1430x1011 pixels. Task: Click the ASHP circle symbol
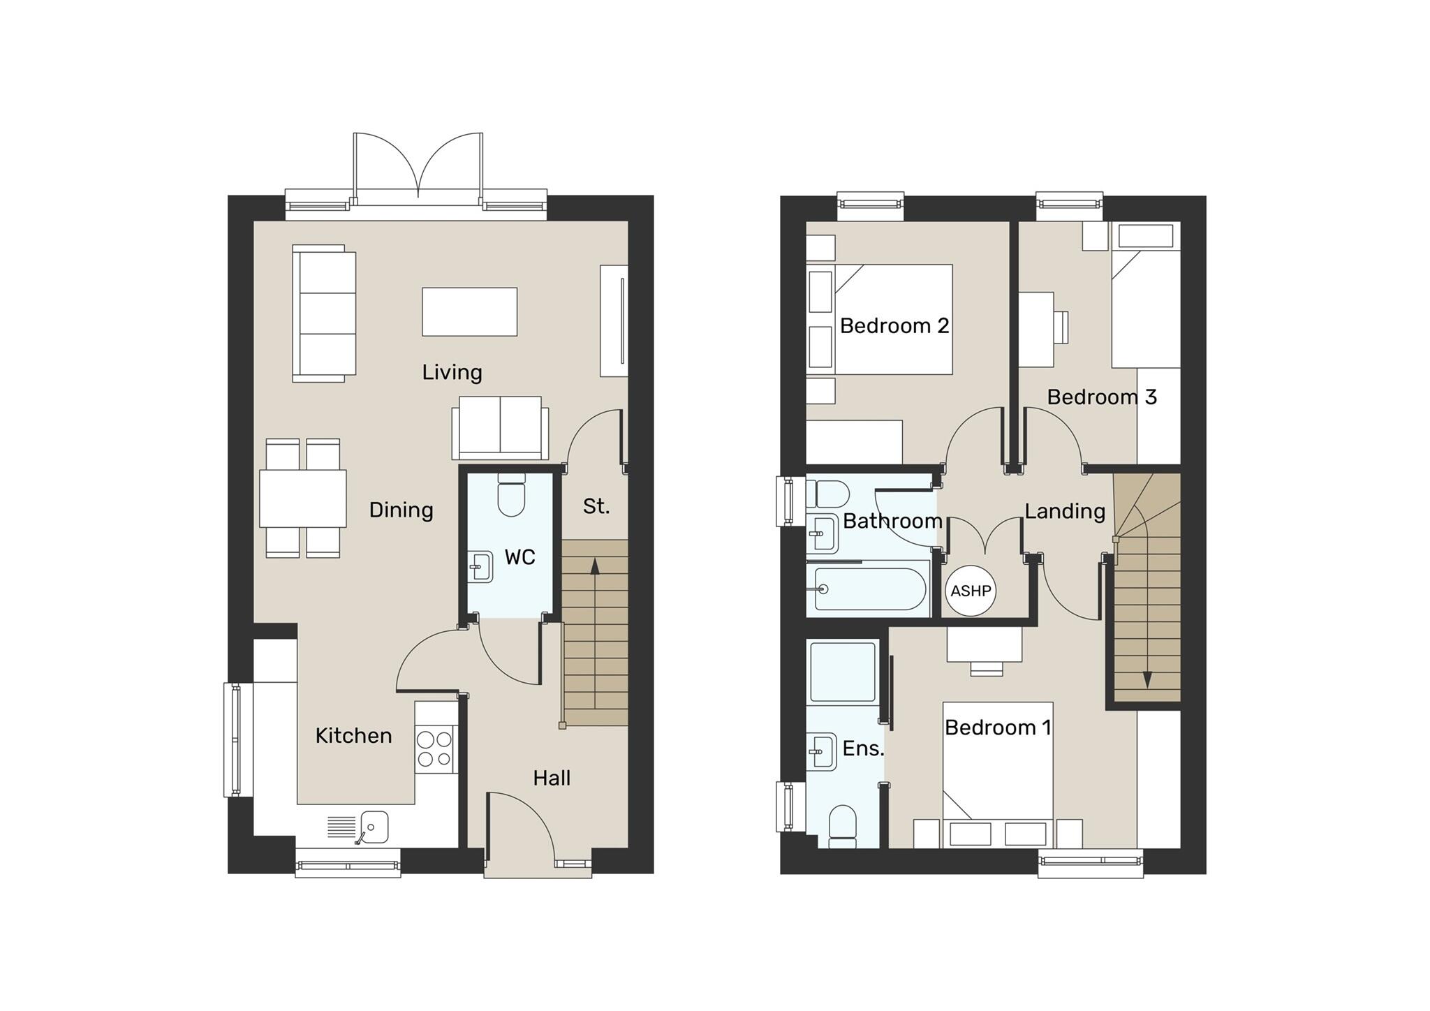[x=971, y=591]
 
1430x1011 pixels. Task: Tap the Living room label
[x=452, y=372]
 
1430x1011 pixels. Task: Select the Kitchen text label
[x=353, y=735]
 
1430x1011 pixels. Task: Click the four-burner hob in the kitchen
[x=434, y=748]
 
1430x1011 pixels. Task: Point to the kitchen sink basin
[x=374, y=827]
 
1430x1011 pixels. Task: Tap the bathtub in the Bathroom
[x=869, y=589]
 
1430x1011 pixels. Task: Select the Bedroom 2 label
[x=894, y=326]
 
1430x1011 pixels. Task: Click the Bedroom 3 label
[x=1101, y=397]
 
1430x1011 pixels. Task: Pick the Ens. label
[x=863, y=748]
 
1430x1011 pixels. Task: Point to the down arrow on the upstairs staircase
[x=1147, y=679]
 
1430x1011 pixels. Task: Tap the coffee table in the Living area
[x=469, y=311]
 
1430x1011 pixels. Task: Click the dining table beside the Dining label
[x=303, y=499]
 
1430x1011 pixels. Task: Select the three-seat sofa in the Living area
[x=324, y=313]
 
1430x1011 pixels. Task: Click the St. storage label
[x=596, y=506]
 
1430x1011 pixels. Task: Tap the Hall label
[x=552, y=778]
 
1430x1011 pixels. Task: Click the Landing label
[x=1064, y=511]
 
